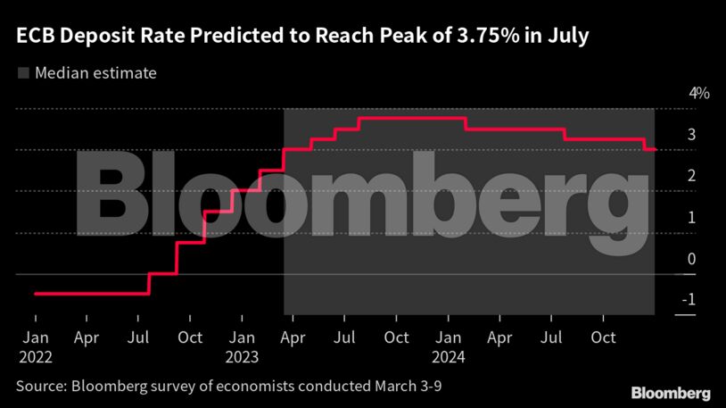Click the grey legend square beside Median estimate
coord(22,73)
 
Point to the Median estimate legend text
coord(95,73)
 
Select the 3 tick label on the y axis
coord(691,135)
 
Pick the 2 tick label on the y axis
coord(691,176)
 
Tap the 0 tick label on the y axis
coord(691,259)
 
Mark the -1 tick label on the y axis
coord(688,300)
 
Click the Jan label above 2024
coord(449,338)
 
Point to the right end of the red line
coord(656,149)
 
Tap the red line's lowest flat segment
coord(89,293)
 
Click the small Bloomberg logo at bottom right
coord(671,393)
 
